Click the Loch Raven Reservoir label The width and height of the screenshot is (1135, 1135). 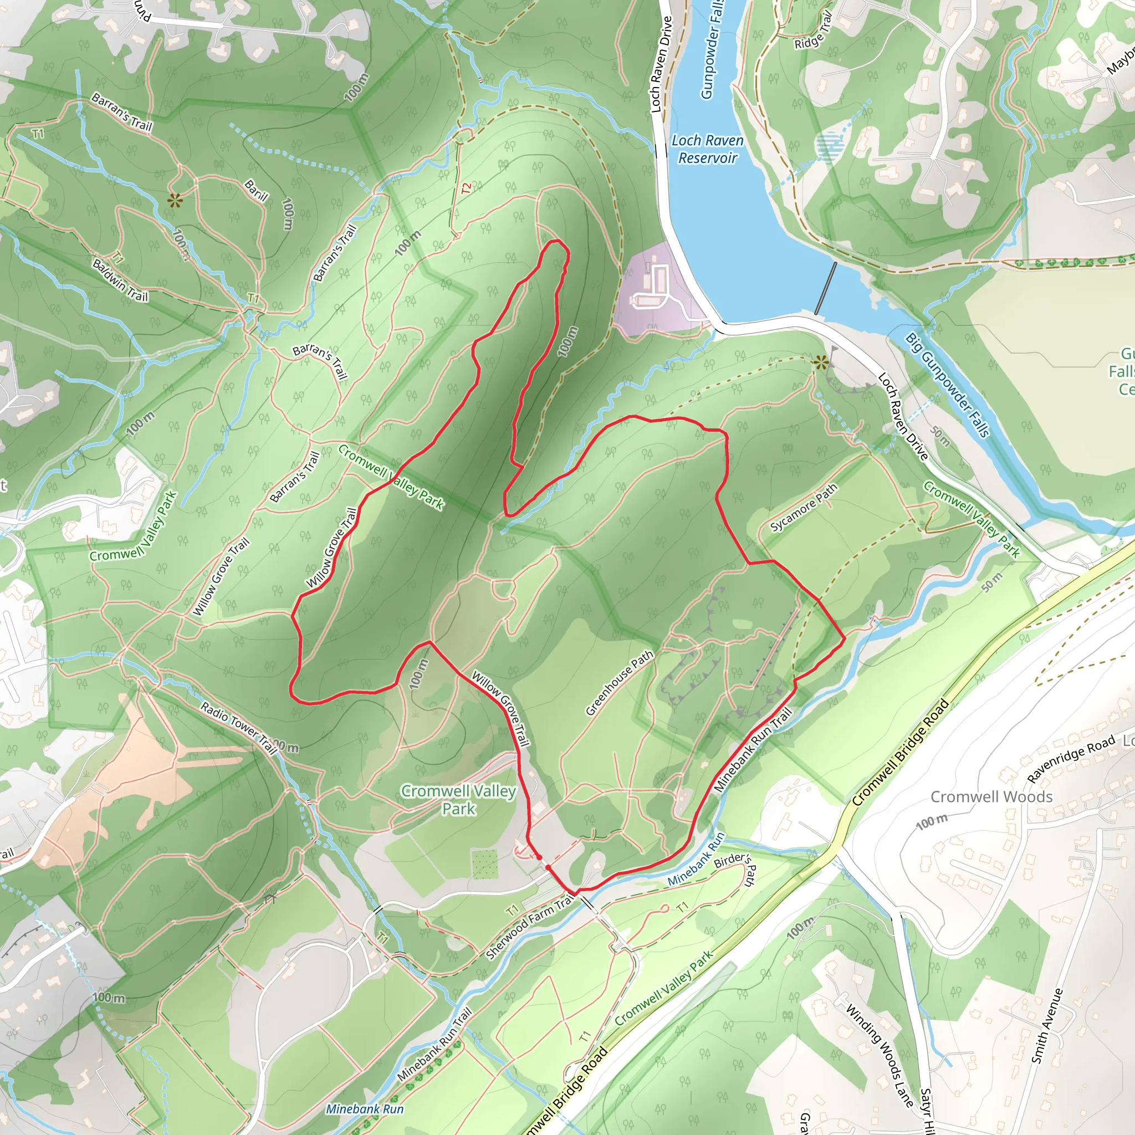707,149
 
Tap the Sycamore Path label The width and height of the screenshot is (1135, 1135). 803,508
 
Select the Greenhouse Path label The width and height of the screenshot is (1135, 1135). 619,683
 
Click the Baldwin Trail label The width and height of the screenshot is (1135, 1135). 120,280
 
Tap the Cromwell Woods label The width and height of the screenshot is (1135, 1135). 991,797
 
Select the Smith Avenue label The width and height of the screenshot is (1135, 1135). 1047,1026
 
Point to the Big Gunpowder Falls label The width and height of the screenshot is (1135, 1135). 947,385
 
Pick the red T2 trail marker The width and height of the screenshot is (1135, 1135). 466,188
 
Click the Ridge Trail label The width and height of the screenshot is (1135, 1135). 814,32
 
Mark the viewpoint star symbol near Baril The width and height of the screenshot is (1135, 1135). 175,201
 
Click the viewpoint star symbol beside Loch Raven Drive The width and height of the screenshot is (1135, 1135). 821,362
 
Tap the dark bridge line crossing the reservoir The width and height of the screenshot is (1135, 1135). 825,288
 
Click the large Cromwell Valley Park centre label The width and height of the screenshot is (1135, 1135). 458,800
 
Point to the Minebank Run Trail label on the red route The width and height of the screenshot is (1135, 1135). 753,750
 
